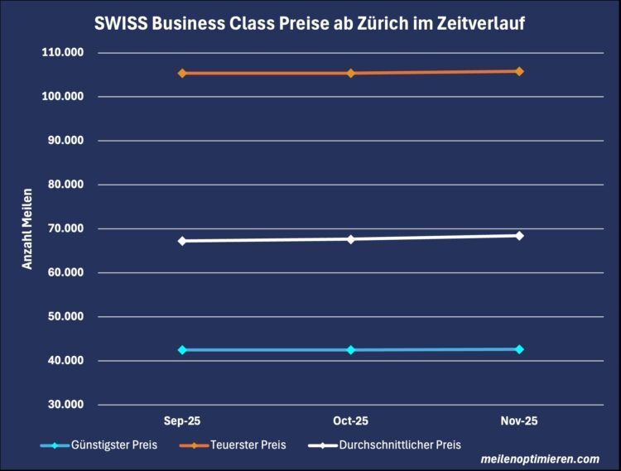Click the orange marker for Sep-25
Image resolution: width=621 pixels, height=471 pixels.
click(182, 73)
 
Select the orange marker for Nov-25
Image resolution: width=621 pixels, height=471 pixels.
click(519, 71)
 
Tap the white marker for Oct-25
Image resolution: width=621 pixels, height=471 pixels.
click(351, 239)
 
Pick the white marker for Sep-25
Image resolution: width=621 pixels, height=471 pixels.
click(182, 241)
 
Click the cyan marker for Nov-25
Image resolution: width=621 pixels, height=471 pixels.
click(519, 349)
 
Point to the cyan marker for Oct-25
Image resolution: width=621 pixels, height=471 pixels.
click(351, 350)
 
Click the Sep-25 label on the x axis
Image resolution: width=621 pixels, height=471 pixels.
click(182, 421)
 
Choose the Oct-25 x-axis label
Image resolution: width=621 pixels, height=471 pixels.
click(351, 421)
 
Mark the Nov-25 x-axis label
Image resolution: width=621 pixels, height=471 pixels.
click(519, 421)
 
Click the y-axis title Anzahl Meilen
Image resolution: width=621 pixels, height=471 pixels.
click(27, 228)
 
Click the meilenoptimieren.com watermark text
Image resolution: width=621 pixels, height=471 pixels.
click(540, 459)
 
